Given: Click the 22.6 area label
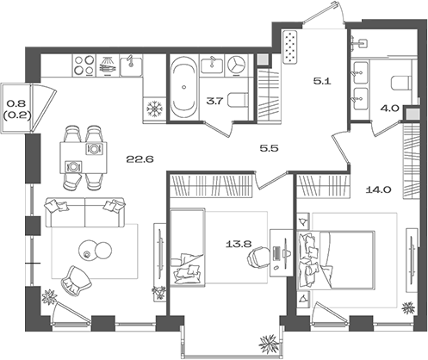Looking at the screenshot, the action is pos(140,158).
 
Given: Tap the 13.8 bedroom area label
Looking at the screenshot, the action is pos(239,245).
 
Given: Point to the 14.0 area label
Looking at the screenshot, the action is pos(379,189).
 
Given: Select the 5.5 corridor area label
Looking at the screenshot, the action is pos(269,148).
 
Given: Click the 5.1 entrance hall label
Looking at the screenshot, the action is pos(322,81).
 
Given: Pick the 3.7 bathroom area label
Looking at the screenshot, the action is pos(214,101).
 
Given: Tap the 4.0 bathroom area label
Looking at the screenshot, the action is pos(390,109).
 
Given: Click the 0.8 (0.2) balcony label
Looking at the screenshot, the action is pos(16,109).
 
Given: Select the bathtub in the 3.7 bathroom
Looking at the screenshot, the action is pos(183,87).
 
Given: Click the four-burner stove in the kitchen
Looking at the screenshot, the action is pos(84,65).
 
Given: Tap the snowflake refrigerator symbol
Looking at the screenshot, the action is pos(155,109).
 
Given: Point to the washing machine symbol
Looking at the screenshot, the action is pos(237,65).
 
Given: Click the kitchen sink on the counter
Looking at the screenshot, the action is pos(131,65).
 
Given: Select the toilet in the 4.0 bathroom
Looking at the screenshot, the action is pos(402,83).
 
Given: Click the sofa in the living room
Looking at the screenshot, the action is pos(85,212).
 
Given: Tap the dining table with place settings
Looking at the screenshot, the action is pos(84,158).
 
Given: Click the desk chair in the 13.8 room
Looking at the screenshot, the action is pos(258,258).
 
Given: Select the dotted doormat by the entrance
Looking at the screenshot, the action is pos(290,47).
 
